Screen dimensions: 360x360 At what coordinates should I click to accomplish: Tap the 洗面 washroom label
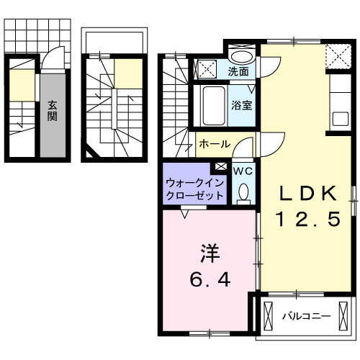tap(240, 71)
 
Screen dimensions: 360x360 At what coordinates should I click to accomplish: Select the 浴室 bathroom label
tap(240, 105)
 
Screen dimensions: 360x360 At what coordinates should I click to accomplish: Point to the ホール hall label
tap(214, 144)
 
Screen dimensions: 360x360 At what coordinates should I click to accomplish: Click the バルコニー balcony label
tap(305, 316)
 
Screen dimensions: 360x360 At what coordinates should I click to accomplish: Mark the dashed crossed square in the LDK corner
tap(336, 54)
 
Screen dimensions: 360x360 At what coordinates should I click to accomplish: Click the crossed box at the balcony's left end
tap(269, 316)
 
